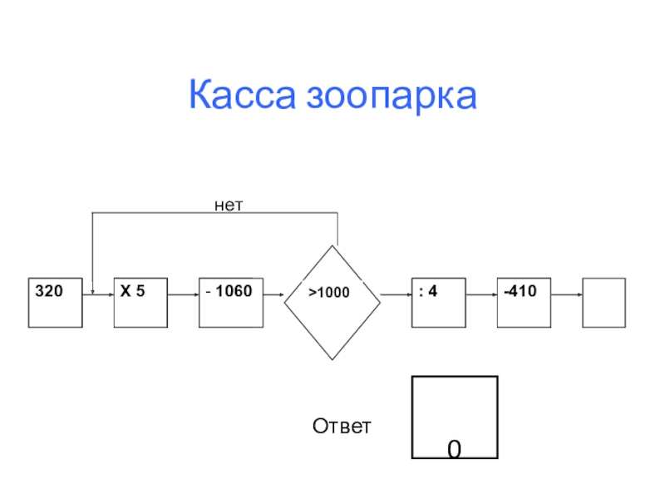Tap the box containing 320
click(x=56, y=302)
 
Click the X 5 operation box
click(x=140, y=302)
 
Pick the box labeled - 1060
click(x=231, y=302)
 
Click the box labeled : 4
click(x=438, y=302)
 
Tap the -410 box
click(x=525, y=302)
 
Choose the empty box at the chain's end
click(x=603, y=302)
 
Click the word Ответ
click(x=342, y=427)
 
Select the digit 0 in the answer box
click(x=454, y=449)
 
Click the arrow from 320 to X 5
click(x=98, y=294)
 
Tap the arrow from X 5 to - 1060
click(x=183, y=294)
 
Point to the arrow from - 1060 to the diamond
click(x=274, y=294)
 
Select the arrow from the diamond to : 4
click(x=397, y=294)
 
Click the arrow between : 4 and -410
click(x=481, y=294)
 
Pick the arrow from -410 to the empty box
click(x=567, y=294)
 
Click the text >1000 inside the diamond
click(x=330, y=294)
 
